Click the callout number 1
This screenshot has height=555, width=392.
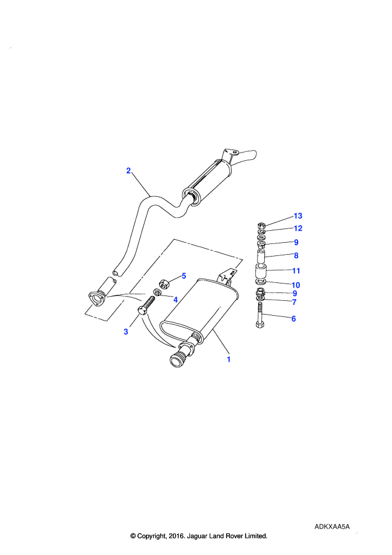click(x=228, y=359)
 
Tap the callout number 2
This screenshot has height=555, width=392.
click(x=128, y=170)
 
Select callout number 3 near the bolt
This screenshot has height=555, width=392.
click(x=126, y=332)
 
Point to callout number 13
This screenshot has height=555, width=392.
click(x=298, y=216)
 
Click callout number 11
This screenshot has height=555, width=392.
click(x=296, y=271)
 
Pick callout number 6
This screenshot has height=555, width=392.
click(x=293, y=319)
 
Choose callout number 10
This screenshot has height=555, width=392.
click(x=296, y=285)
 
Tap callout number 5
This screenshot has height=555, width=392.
click(x=183, y=276)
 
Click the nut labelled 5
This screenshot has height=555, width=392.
click(x=164, y=283)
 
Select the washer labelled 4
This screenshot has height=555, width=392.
click(x=157, y=292)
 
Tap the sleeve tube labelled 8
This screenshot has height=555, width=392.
click(x=262, y=257)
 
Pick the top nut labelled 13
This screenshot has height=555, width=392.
click(x=261, y=225)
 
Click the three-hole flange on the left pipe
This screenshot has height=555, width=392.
click(x=96, y=299)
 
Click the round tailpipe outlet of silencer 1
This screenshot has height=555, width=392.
click(x=176, y=361)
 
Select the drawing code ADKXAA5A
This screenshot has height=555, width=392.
click(x=332, y=527)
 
